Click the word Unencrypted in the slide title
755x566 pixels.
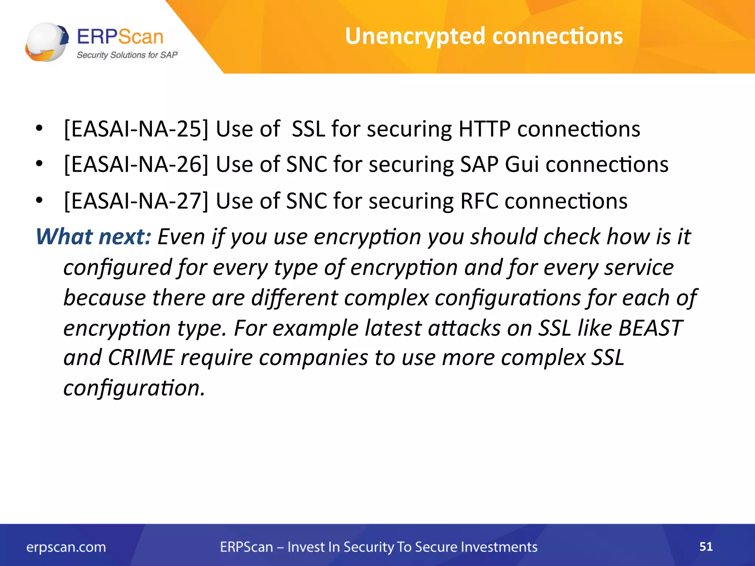pyautogui.click(x=415, y=36)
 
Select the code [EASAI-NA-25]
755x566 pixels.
pyautogui.click(x=136, y=129)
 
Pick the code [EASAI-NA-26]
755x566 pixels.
pyautogui.click(x=136, y=164)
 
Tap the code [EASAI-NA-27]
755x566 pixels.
pyautogui.click(x=136, y=201)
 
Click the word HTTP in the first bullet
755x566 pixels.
pyautogui.click(x=484, y=129)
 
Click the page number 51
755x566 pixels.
pyautogui.click(x=706, y=546)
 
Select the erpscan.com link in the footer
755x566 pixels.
pyautogui.click(x=66, y=547)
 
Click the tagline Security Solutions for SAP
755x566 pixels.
pyautogui.click(x=127, y=55)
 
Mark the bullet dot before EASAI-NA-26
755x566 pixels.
pyautogui.click(x=39, y=163)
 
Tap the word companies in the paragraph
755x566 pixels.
pyautogui.click(x=313, y=357)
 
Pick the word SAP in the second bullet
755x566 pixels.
pyautogui.click(x=479, y=164)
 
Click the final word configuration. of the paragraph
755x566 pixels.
pyautogui.click(x=134, y=388)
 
